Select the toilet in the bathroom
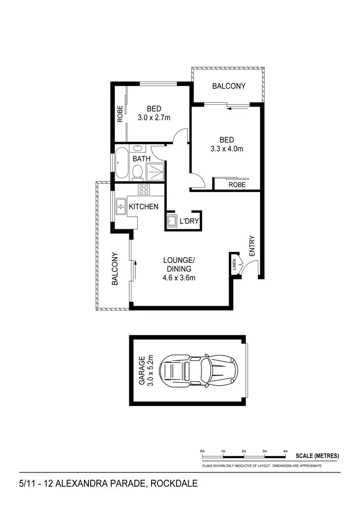point(137,171)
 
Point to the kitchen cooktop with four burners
point(144,189)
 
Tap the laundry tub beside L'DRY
point(172,221)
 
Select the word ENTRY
point(252,246)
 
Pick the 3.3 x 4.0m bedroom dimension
point(226,149)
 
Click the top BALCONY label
point(229,86)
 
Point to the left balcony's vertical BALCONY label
point(115,269)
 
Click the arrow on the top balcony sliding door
point(234,109)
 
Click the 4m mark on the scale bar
point(285,451)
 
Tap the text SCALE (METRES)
point(317,456)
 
